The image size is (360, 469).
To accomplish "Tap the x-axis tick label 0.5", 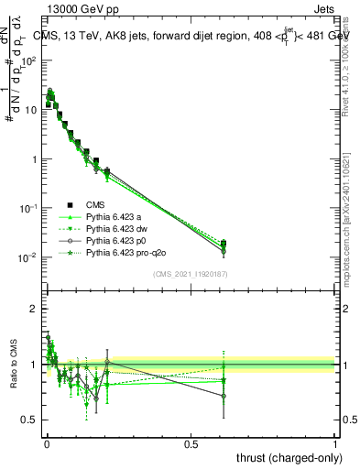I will (191, 443).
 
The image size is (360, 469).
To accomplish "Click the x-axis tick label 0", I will (47, 443).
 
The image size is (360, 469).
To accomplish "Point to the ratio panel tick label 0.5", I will (30, 420).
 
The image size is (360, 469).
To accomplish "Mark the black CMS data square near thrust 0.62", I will (224, 244).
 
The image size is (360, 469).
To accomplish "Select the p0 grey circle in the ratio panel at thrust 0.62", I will (224, 396).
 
